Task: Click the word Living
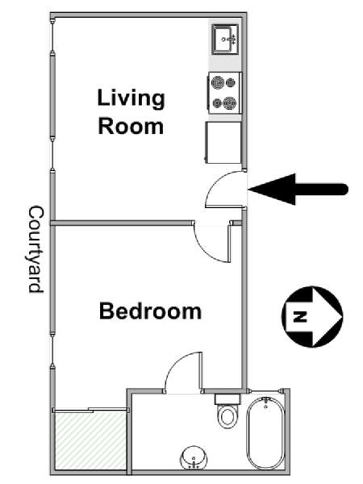coord(131,98)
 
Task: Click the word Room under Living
coord(131,127)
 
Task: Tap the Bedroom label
coord(150,311)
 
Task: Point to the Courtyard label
coord(36,249)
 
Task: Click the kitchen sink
coord(226,40)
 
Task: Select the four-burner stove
coord(225,93)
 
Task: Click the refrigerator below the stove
coord(223,142)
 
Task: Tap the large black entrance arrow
coord(298,190)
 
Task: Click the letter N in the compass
coord(299,317)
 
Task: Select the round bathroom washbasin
coord(194,457)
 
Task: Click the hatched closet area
coord(90,440)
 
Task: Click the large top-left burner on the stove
coord(218,83)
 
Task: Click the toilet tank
coord(227,398)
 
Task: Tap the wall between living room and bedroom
coord(123,223)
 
